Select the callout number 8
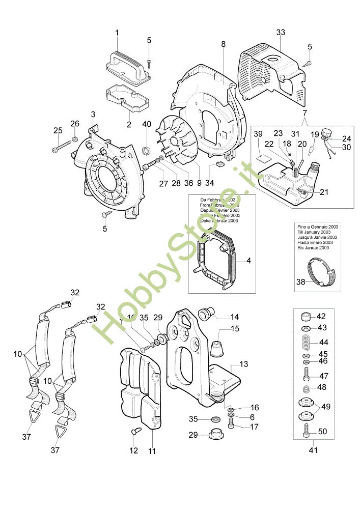click(223, 45)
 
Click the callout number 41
click(313, 449)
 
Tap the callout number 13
click(244, 364)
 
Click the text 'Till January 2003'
click(319, 232)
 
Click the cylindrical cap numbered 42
click(308, 316)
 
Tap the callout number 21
click(324, 192)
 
